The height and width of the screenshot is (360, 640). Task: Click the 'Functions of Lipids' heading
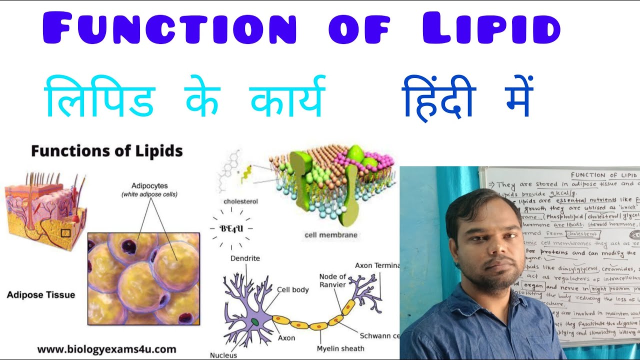pos(107,151)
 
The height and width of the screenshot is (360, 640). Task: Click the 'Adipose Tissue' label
pos(41,294)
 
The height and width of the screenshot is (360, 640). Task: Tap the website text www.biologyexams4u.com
pos(106,348)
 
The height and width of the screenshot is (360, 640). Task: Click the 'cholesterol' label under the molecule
pos(241,201)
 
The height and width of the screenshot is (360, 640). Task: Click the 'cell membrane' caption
pos(330,234)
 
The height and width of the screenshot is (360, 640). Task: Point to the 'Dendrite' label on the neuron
pos(245,258)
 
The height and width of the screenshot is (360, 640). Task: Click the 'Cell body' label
pos(292,289)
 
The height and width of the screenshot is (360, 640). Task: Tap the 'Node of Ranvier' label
pos(332,281)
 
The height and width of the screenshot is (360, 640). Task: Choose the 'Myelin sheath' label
pos(340,348)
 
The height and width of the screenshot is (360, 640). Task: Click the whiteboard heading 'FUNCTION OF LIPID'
pos(604,175)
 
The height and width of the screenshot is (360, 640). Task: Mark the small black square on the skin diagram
pos(65,232)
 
